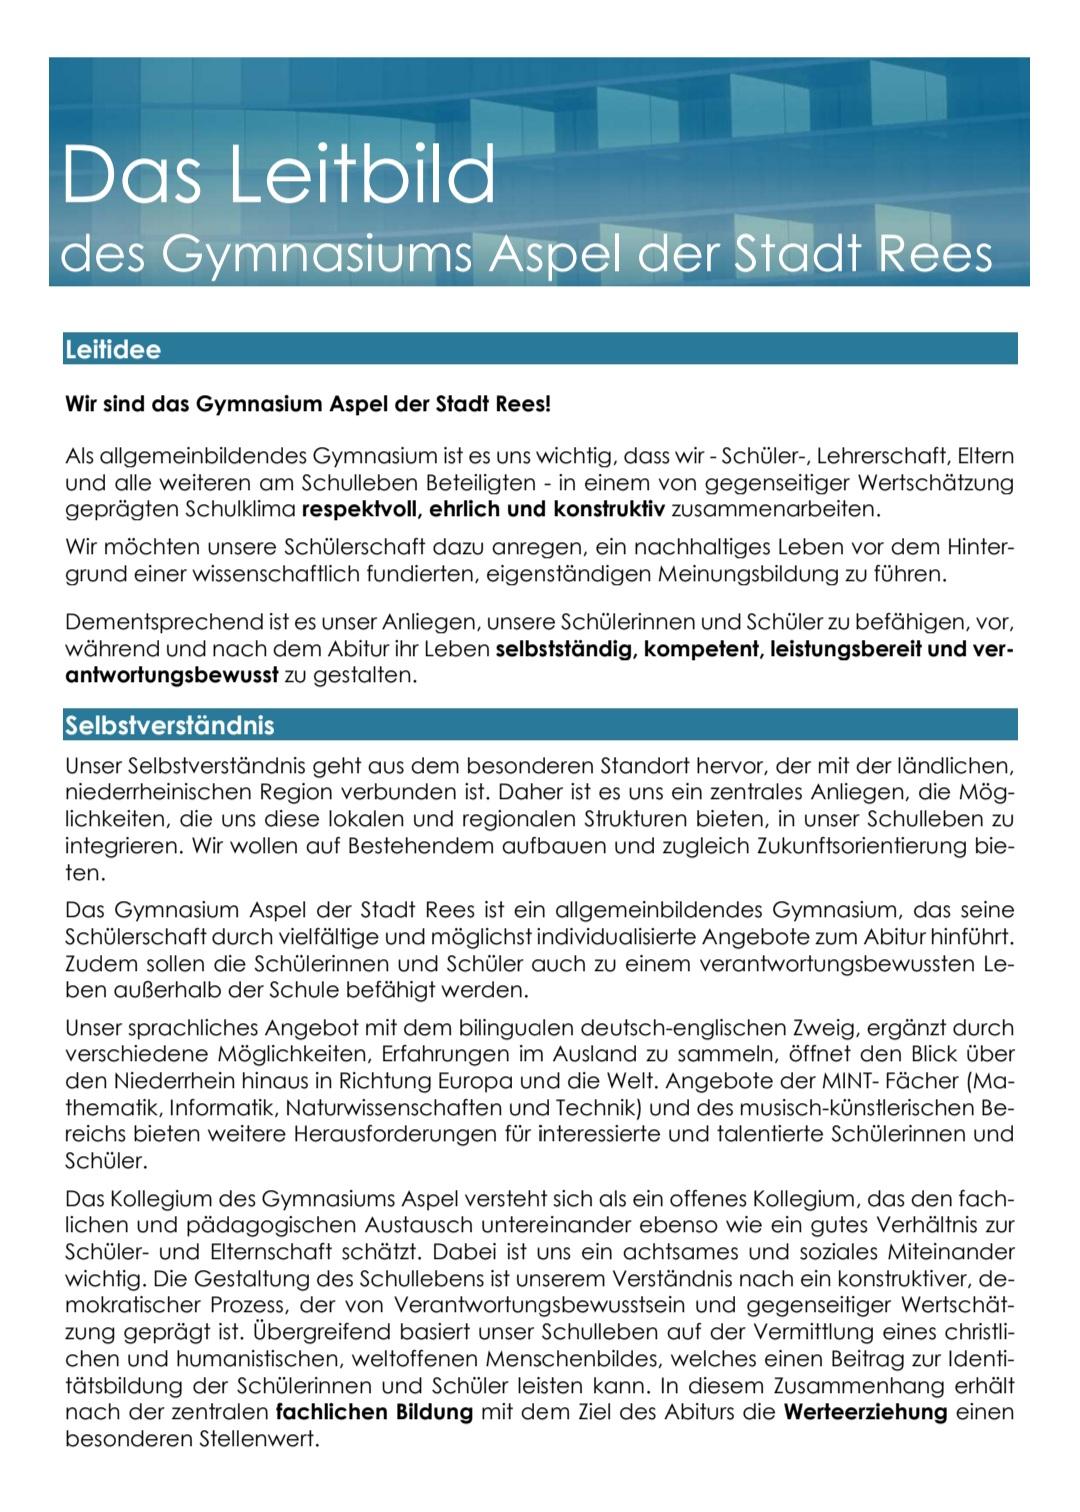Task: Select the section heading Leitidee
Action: [x=113, y=350]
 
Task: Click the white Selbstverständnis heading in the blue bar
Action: [x=169, y=725]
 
